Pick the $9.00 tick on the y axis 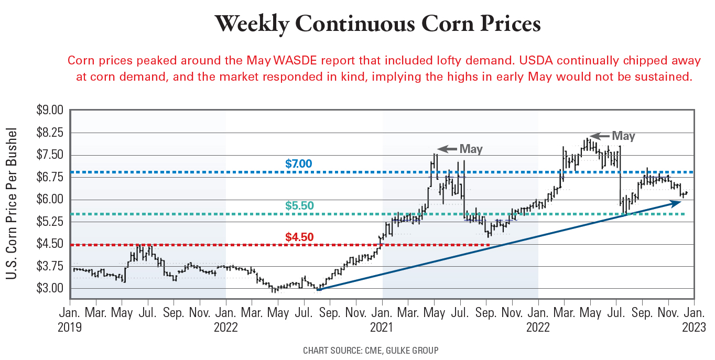(50, 111)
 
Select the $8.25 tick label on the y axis (50, 133)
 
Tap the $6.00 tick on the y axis (50, 200)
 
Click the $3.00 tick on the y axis (50, 289)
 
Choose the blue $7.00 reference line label (299, 164)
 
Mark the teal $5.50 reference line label (299, 206)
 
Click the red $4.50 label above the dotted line (299, 237)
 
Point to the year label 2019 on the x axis (70, 328)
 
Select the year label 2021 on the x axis (382, 328)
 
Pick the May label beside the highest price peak (623, 136)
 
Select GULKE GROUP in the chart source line (413, 350)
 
